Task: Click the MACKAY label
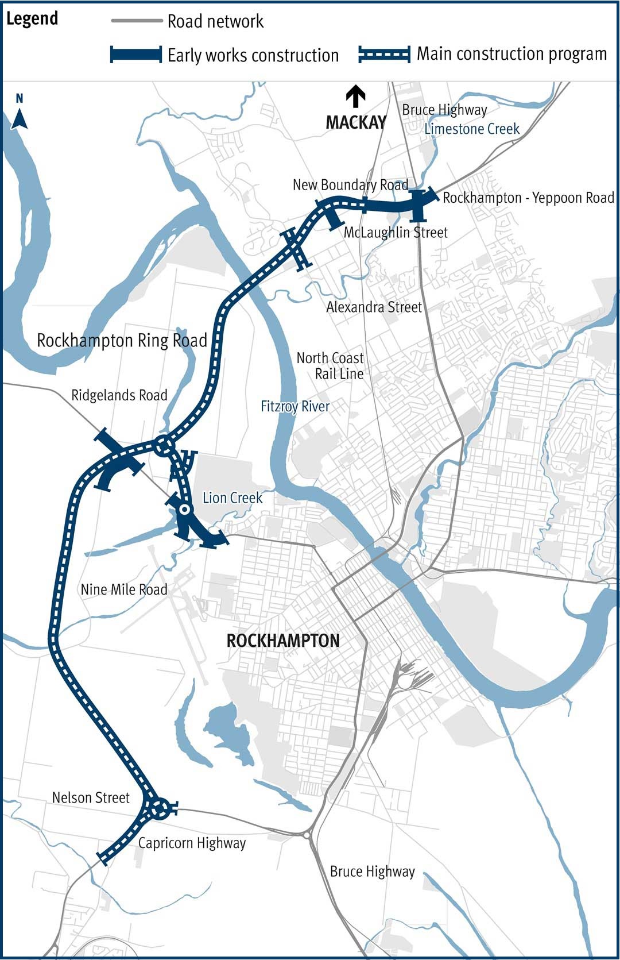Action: [x=356, y=122]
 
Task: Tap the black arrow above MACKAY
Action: [x=356, y=96]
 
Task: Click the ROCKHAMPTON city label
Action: [x=283, y=641]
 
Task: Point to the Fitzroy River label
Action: [x=295, y=407]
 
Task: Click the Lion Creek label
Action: [x=232, y=498]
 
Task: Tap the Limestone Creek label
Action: [x=472, y=129]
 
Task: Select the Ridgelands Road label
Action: [x=119, y=395]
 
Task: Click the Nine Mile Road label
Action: [x=124, y=589]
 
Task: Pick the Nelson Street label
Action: [x=91, y=797]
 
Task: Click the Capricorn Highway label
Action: [x=192, y=843]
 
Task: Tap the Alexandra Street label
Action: [x=374, y=307]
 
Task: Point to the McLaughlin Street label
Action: [x=396, y=233]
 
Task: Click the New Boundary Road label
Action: [x=350, y=185]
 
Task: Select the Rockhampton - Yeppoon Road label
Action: [x=528, y=198]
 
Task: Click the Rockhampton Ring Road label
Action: [x=122, y=341]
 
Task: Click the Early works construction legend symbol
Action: [x=136, y=55]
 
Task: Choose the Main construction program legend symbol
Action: [x=384, y=55]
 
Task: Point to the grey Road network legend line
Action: [x=137, y=21]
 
